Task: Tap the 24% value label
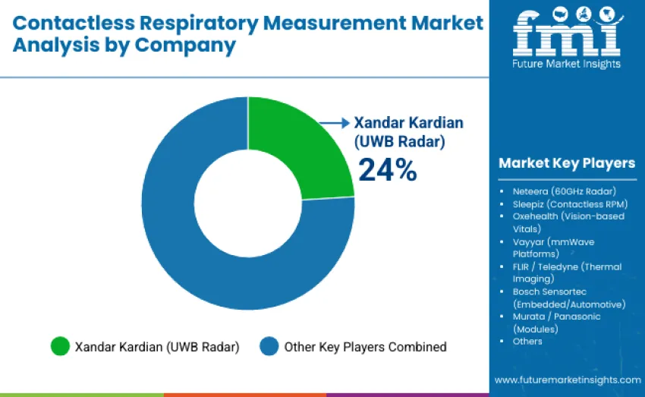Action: pyautogui.click(x=387, y=170)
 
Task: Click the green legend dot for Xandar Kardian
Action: pyautogui.click(x=59, y=347)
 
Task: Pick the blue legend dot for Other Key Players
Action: pyautogui.click(x=269, y=347)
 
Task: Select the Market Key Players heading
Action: pyautogui.click(x=567, y=163)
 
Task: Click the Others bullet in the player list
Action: pyautogui.click(x=527, y=341)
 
